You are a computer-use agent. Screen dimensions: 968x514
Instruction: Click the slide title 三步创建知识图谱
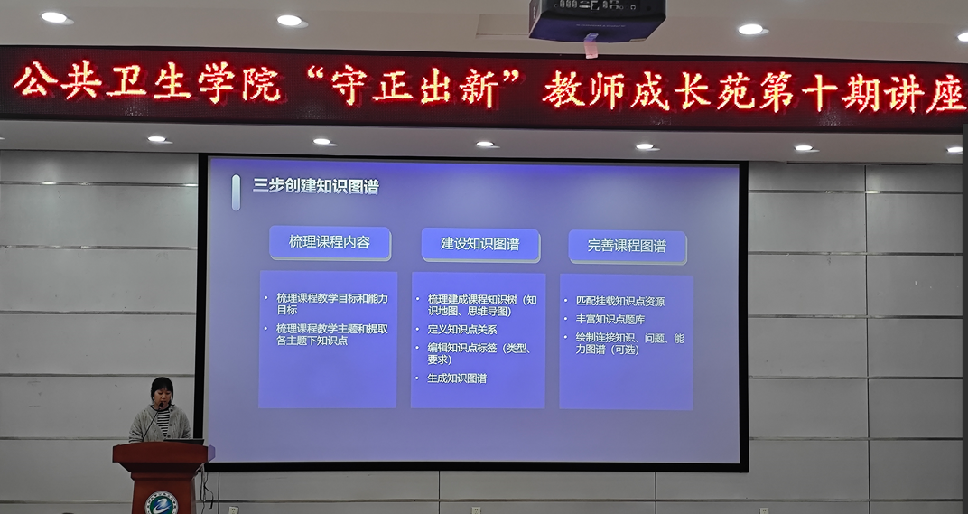tap(315, 186)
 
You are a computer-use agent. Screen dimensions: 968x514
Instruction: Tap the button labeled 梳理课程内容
tap(330, 243)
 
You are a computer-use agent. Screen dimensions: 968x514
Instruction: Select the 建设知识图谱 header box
tap(480, 245)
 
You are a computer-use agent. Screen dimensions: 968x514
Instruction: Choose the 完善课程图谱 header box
tap(627, 247)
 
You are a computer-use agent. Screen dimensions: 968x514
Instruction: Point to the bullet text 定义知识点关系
tap(462, 330)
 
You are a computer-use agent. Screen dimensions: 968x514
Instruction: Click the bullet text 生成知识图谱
tap(458, 378)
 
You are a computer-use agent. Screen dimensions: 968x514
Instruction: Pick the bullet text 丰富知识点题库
tap(610, 320)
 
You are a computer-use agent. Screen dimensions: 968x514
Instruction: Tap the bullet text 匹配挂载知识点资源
tap(620, 302)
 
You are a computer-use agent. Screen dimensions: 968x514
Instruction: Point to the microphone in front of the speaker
tap(154, 421)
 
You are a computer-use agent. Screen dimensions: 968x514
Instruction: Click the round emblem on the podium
tap(161, 503)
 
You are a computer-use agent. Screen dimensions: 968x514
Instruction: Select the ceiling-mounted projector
tap(597, 20)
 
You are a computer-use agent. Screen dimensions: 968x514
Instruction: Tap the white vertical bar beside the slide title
tap(236, 192)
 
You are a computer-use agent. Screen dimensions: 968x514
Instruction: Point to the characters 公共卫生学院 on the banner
tap(147, 82)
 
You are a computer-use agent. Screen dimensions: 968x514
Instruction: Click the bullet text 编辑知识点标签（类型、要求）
tap(479, 354)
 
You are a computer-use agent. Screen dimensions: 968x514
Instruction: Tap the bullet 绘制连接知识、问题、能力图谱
tap(629, 344)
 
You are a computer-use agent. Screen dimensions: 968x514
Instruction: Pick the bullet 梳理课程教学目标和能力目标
tap(332, 304)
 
